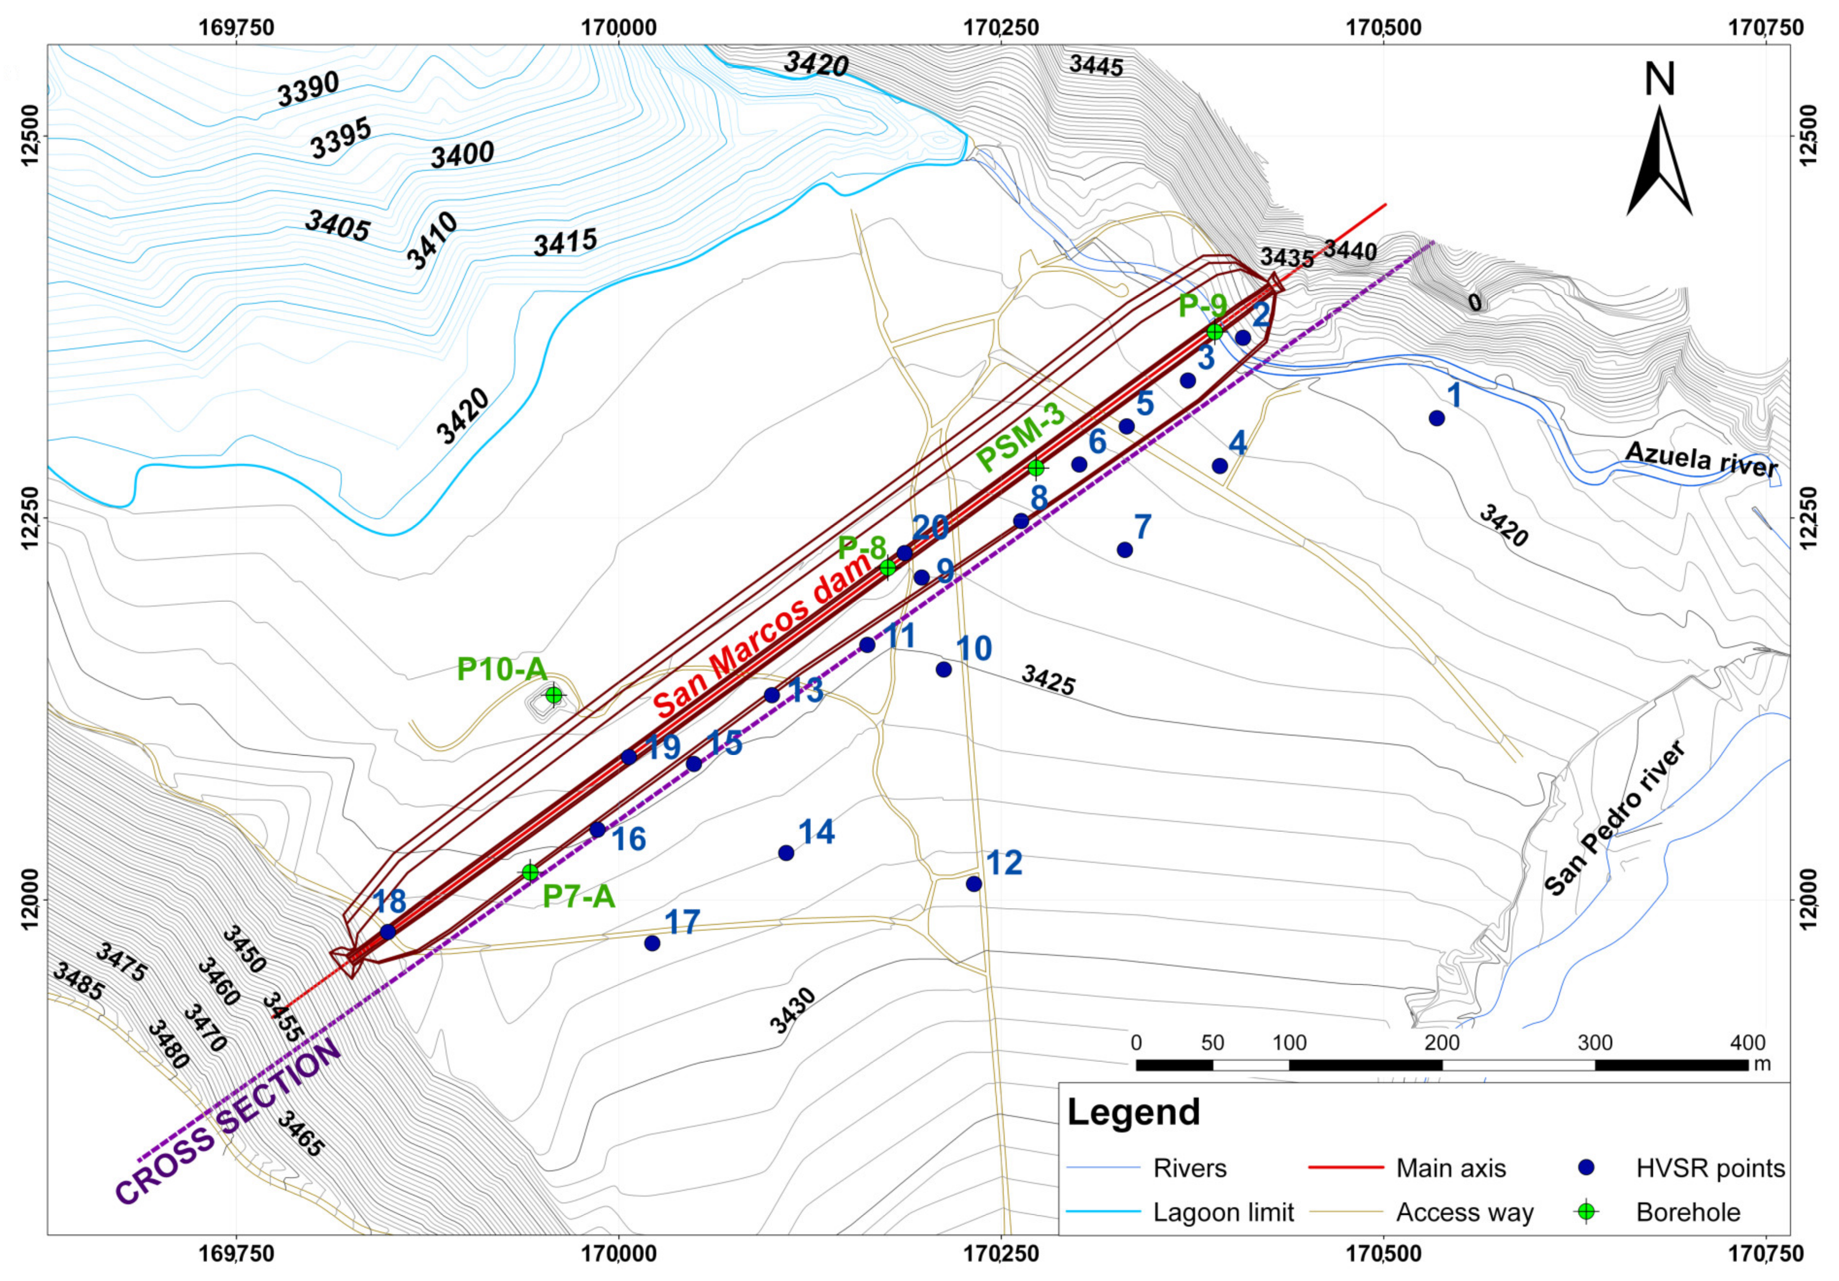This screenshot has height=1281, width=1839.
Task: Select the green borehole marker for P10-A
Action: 553,695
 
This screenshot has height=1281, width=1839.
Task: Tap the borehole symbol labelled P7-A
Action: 530,872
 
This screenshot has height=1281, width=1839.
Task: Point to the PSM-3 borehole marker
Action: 1036,468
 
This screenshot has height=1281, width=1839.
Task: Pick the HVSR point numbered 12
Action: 974,884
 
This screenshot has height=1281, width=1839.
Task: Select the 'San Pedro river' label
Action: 1614,818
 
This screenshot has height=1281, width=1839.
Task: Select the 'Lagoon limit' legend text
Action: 1223,1212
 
